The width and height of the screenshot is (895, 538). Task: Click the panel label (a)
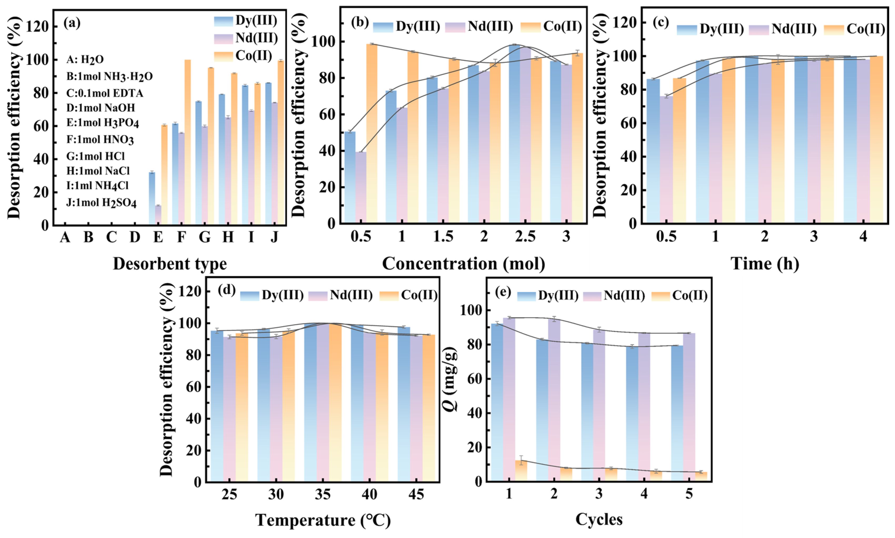(x=72, y=23)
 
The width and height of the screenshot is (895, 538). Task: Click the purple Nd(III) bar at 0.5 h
(x=666, y=159)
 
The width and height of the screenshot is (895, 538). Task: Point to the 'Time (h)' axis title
(x=764, y=264)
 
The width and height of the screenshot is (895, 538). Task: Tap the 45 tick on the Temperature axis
(x=416, y=494)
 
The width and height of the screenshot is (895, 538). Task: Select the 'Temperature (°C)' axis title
(x=323, y=520)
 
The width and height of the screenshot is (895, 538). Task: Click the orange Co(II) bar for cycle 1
(x=521, y=471)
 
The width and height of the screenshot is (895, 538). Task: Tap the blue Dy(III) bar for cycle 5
(x=677, y=413)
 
